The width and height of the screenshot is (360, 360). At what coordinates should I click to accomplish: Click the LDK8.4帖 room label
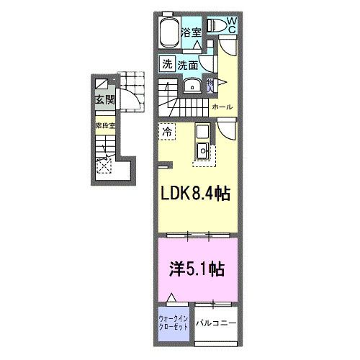tap(194, 195)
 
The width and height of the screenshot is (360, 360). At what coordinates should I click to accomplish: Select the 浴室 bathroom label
tap(190, 32)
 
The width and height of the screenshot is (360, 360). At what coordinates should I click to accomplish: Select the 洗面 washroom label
tap(187, 64)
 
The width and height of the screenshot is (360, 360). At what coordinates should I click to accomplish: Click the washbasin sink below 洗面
tap(191, 86)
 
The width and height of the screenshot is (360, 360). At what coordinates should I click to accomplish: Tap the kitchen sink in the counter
tap(202, 150)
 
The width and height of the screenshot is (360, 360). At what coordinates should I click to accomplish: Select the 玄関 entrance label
tap(99, 99)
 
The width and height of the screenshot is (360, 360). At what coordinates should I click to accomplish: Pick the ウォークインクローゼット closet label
tap(173, 321)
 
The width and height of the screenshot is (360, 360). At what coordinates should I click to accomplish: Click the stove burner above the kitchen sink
tap(201, 132)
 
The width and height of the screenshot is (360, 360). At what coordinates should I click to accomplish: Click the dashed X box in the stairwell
tap(104, 166)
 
